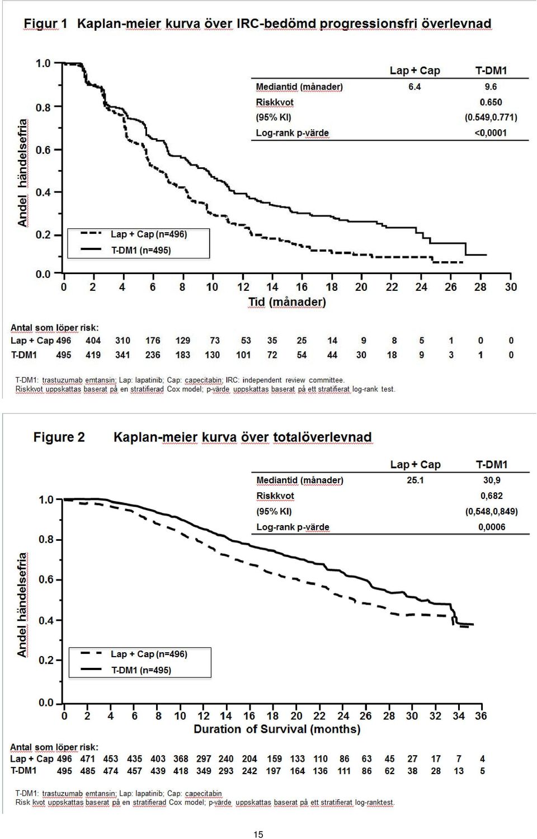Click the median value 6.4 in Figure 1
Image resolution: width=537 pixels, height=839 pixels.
414,87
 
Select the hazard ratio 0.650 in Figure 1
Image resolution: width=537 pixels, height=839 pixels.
491,102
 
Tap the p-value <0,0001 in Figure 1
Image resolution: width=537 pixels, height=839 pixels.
491,133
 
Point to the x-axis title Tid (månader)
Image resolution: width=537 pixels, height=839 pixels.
287,302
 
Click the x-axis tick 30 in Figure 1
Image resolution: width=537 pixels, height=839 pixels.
511,287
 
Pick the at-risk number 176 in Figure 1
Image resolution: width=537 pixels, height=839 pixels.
153,341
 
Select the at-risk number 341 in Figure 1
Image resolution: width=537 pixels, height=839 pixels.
123,355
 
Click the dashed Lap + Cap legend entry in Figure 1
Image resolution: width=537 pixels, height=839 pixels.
133,234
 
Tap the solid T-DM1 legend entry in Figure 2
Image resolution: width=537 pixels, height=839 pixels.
126,670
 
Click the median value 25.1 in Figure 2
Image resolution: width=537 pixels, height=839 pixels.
415,480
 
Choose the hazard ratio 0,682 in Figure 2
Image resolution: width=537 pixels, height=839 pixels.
491,496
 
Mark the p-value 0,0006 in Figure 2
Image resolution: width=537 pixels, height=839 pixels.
492,527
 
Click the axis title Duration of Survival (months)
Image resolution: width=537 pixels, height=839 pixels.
277,729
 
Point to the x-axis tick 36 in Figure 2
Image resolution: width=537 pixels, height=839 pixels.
481,716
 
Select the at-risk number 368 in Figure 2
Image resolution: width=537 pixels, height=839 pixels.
181,758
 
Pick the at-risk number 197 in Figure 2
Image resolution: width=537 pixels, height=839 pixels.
274,771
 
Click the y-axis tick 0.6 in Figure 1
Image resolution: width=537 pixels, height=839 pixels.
43,150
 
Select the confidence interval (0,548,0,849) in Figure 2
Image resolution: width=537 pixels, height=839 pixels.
491,512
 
